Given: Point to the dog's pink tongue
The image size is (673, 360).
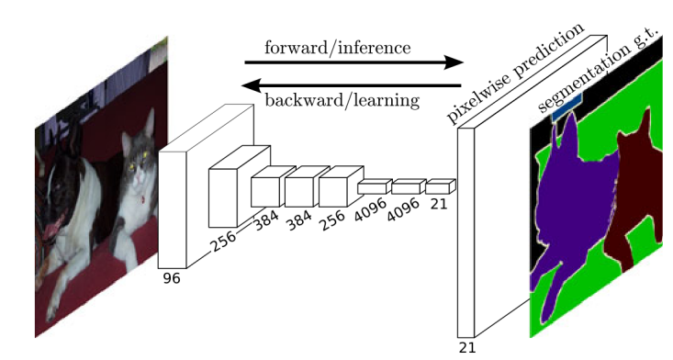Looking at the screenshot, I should click(56, 225).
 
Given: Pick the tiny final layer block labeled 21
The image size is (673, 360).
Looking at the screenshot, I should click(439, 186).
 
